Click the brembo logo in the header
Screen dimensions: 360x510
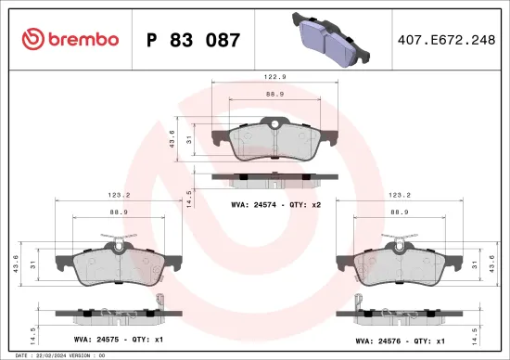(x=70, y=40)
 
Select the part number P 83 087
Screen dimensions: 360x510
(x=193, y=41)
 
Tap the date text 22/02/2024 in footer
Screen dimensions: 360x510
(x=57, y=355)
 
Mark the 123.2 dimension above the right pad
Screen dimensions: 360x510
(x=400, y=196)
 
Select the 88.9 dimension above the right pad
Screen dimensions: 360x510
(x=400, y=212)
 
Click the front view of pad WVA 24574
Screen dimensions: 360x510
(x=270, y=141)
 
